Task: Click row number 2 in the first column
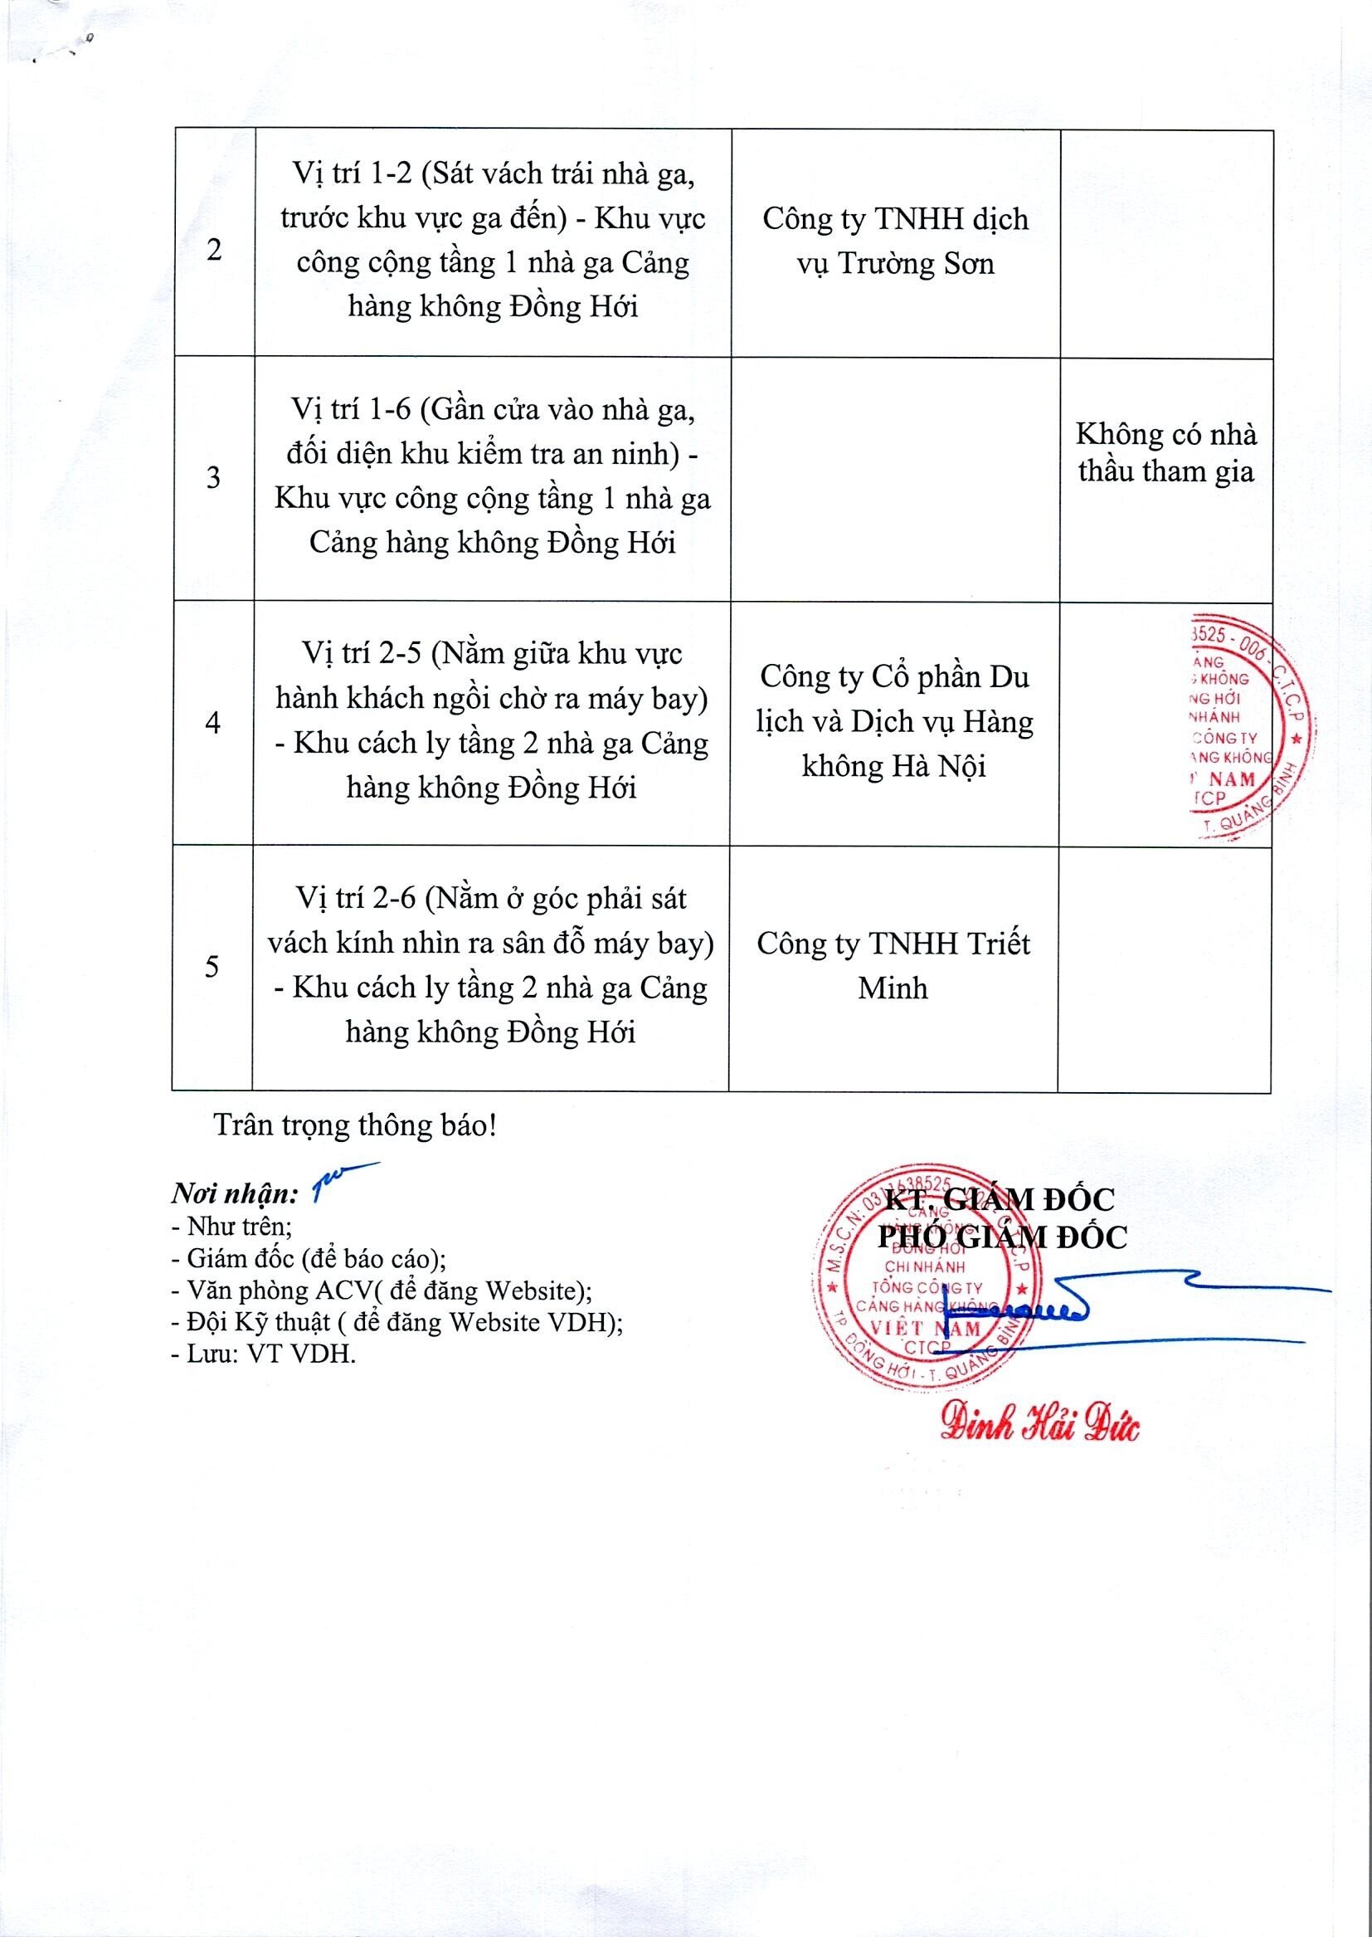click(214, 251)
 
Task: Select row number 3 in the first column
click(214, 478)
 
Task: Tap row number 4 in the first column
click(213, 724)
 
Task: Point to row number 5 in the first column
click(212, 966)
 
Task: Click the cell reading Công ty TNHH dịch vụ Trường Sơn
click(895, 242)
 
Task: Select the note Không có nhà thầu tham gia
click(1165, 453)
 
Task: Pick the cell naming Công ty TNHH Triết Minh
click(893, 966)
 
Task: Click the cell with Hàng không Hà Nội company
click(895, 722)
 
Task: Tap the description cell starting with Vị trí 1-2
click(493, 241)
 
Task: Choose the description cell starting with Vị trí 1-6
click(493, 476)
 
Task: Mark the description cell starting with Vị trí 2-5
click(492, 721)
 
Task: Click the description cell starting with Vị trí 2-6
click(491, 965)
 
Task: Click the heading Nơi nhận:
click(234, 1194)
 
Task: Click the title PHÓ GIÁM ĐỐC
click(1002, 1238)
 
